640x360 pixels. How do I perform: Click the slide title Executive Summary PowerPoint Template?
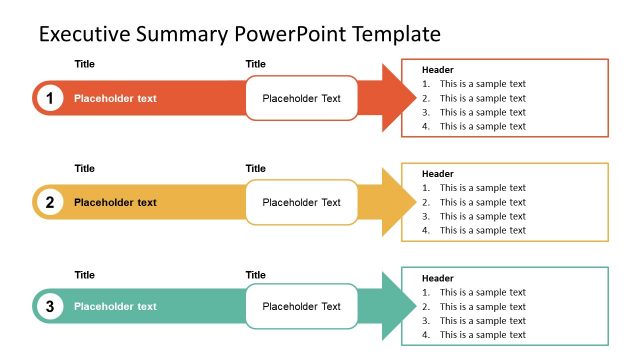pos(239,34)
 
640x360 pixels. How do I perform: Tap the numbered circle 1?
pos(49,98)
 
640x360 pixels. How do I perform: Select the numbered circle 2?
pos(49,202)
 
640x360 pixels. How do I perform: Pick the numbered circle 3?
pos(49,306)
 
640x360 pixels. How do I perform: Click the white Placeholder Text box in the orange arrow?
pos(301,98)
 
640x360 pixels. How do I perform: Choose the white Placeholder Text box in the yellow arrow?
pos(301,202)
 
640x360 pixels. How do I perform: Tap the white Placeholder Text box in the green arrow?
pos(301,306)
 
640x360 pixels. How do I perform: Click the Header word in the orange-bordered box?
pos(438,70)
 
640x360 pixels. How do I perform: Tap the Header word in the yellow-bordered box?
pos(438,174)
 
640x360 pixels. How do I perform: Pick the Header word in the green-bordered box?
pos(438,278)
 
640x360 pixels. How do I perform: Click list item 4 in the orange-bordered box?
pos(474,126)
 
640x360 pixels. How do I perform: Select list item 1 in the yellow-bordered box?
pos(474,188)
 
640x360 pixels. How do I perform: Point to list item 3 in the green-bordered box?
pos(474,320)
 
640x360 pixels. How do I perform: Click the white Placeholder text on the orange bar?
pos(115,98)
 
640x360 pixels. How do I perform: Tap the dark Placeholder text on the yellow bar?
pos(115,202)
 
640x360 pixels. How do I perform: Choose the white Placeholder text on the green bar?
pos(115,306)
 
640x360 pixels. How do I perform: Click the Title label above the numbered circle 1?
pos(85,64)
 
